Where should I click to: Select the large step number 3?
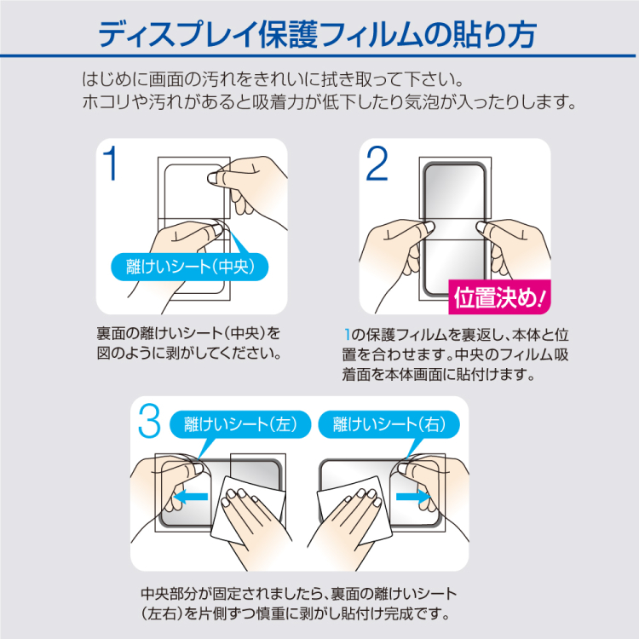[x=151, y=423]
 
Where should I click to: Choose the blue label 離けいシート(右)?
[x=388, y=423]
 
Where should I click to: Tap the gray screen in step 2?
[x=456, y=192]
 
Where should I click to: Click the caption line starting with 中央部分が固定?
[x=298, y=593]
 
